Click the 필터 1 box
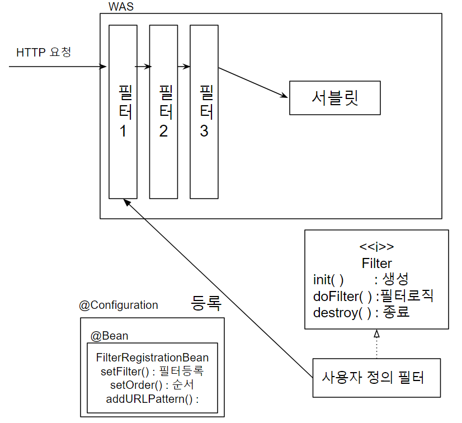click(122, 111)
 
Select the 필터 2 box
click(163, 111)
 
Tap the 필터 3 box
click(204, 111)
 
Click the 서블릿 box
click(334, 98)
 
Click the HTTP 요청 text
click(44, 53)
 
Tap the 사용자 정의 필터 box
click(373, 377)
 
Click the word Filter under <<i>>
click(376, 263)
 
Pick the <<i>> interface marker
click(376, 247)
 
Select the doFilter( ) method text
click(342, 295)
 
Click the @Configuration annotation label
click(119, 305)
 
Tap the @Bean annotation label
click(110, 336)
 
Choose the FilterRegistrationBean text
click(152, 358)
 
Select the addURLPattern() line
click(152, 399)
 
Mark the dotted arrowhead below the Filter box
click(376, 334)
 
